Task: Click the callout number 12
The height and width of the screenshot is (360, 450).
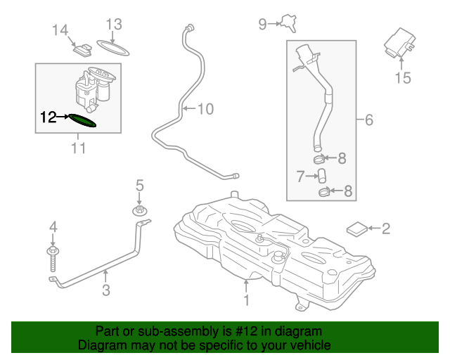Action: click(x=47, y=117)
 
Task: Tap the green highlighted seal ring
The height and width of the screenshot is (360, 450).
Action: click(x=82, y=121)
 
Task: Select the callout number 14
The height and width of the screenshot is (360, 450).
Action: click(x=60, y=30)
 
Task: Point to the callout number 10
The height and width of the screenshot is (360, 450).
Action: click(x=204, y=109)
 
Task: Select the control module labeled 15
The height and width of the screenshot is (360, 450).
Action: click(x=398, y=44)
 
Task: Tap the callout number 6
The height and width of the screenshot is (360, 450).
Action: click(x=369, y=120)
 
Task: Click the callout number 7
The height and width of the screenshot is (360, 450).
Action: click(x=300, y=176)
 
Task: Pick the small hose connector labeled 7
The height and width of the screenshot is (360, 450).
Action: click(x=321, y=174)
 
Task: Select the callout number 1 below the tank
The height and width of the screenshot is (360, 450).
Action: click(x=246, y=301)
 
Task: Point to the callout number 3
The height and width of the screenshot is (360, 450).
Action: click(x=105, y=290)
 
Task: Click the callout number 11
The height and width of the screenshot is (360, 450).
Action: click(x=77, y=148)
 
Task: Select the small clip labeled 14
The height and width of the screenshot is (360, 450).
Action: click(x=84, y=49)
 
